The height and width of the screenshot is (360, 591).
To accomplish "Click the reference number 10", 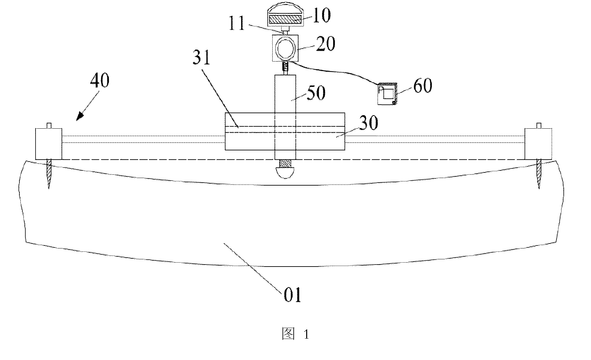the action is click(321, 15).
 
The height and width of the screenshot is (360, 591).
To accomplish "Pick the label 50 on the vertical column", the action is click(316, 92).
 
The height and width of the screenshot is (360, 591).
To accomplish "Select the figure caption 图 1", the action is click(296, 334).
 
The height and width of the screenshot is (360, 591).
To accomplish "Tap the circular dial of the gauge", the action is click(285, 48).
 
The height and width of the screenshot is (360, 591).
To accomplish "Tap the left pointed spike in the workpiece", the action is click(49, 174).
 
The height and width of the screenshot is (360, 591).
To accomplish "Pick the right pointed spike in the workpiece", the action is click(538, 174).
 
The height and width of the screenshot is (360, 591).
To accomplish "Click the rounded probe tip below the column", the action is click(285, 172).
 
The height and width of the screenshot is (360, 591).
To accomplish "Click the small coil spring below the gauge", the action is click(285, 67).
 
